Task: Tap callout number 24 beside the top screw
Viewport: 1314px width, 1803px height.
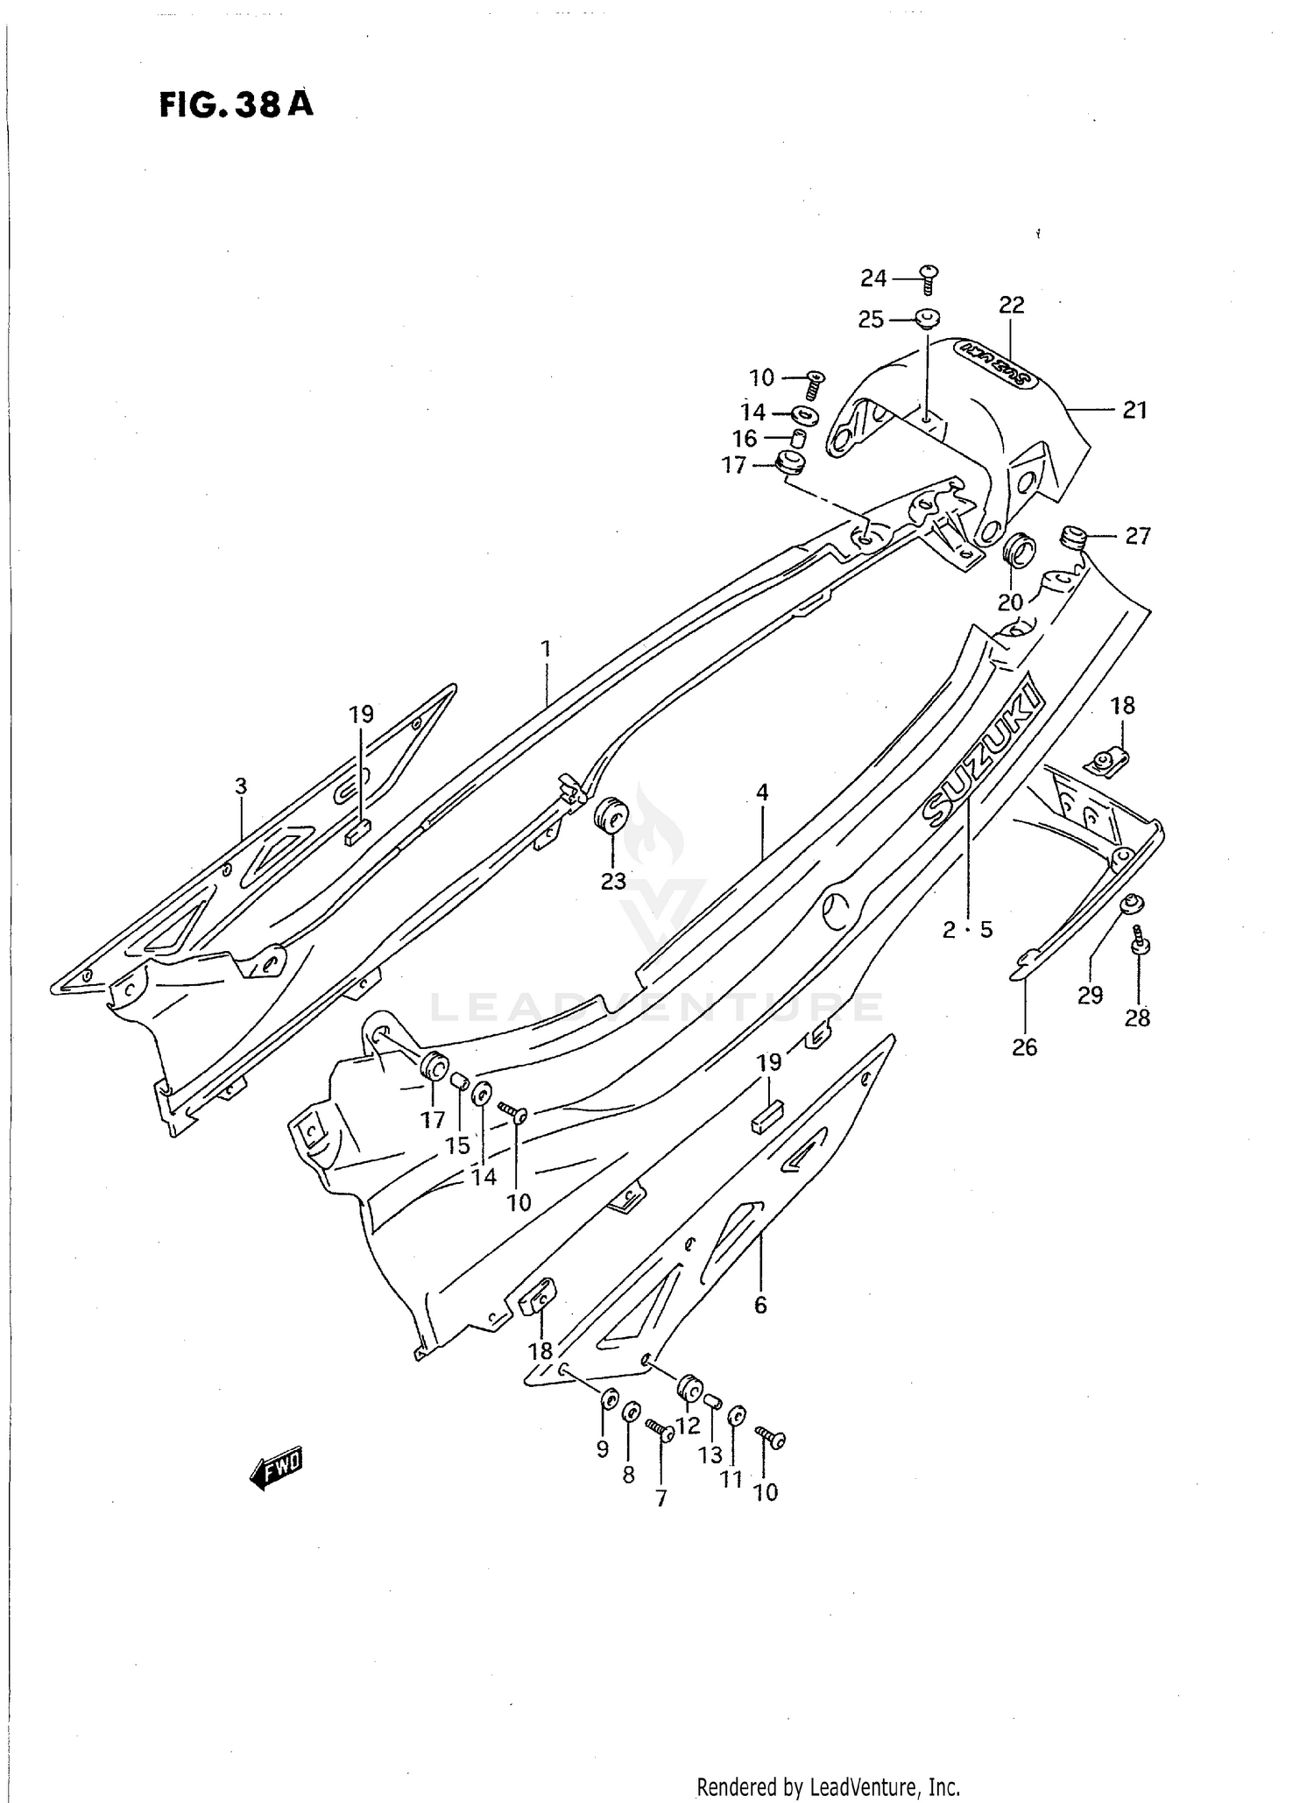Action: pos(873,278)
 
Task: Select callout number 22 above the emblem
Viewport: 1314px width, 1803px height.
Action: pos(1011,305)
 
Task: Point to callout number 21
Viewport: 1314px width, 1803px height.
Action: pos(1134,410)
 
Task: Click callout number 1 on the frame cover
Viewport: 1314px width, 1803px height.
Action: pos(546,649)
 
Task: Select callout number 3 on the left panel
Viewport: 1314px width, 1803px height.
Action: pos(241,786)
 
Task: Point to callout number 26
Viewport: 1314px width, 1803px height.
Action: pos(1024,1046)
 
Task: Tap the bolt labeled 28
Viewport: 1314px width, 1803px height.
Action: pos(1140,942)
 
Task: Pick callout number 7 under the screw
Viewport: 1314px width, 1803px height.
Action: pos(661,1498)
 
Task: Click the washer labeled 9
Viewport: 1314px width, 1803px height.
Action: pos(607,1400)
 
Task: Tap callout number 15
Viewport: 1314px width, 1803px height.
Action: pos(457,1145)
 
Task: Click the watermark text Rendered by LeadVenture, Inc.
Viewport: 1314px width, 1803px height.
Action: pos(828,1787)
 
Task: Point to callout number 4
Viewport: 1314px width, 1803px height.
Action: pos(762,792)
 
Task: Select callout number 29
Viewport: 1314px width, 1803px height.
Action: pos(1090,995)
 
